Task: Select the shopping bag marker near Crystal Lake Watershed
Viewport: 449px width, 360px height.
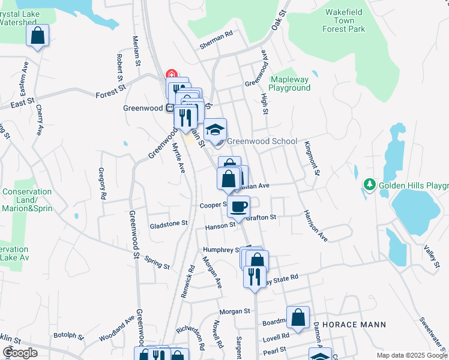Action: coord(38,36)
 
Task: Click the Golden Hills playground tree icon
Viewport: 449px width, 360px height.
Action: coord(370,184)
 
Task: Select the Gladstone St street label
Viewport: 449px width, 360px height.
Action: coord(169,223)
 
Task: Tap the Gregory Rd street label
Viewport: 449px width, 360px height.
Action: coord(103,184)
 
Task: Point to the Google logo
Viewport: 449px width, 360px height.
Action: coord(20,353)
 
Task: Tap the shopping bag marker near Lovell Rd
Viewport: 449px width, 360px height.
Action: coord(298,318)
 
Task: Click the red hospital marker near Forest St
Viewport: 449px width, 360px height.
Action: coord(172,74)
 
